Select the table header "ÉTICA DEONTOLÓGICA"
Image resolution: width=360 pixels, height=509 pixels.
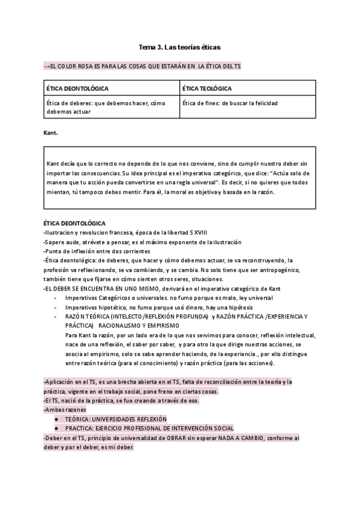pyautogui.click(x=77, y=88)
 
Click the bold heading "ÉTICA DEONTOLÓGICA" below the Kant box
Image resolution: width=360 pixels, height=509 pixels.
pyautogui.click(x=74, y=223)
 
